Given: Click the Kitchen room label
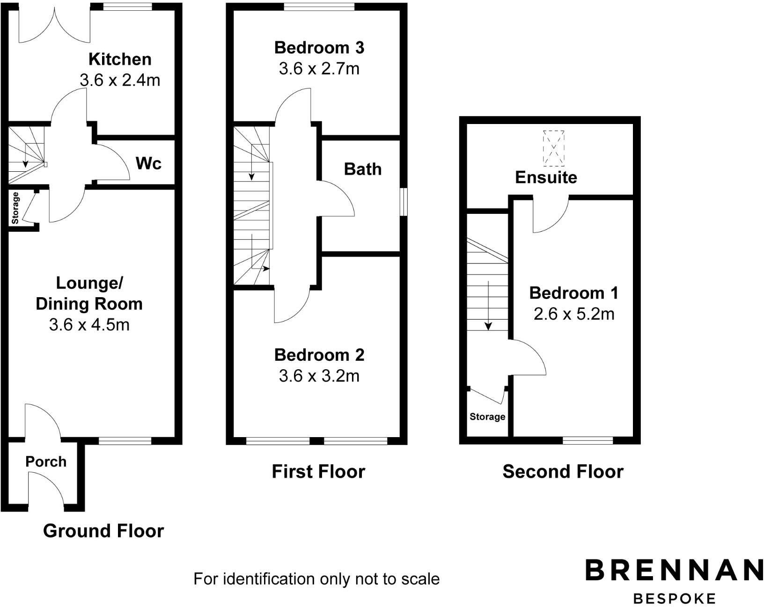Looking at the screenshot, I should click(x=120, y=59).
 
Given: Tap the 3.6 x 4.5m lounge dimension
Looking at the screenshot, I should click(x=89, y=324).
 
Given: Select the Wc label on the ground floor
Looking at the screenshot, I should click(x=148, y=163).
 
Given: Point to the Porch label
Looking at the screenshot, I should click(x=46, y=461).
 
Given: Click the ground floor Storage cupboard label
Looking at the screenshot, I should click(x=15, y=208).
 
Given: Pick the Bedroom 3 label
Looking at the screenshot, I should click(x=319, y=48).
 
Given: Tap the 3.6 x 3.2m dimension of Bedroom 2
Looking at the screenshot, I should click(x=319, y=376).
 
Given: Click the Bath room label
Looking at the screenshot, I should click(x=362, y=169).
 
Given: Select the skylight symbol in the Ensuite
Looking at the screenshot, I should click(x=553, y=148).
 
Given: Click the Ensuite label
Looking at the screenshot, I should click(x=546, y=177).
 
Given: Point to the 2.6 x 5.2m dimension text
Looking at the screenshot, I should click(x=573, y=314).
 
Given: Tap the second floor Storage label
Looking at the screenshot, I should click(x=487, y=417).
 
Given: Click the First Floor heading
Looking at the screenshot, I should click(x=318, y=471).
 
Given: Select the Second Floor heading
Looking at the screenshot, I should click(x=563, y=471).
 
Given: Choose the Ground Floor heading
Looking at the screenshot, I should click(x=103, y=531).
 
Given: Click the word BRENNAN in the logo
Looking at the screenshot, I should click(x=674, y=570).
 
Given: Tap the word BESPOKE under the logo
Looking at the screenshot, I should click(x=674, y=598).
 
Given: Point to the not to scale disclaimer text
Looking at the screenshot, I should click(x=316, y=579).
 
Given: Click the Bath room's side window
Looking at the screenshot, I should click(x=404, y=202).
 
